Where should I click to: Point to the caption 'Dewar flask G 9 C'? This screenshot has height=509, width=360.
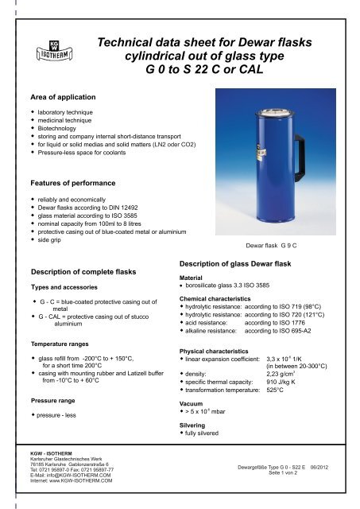point(283,236)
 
